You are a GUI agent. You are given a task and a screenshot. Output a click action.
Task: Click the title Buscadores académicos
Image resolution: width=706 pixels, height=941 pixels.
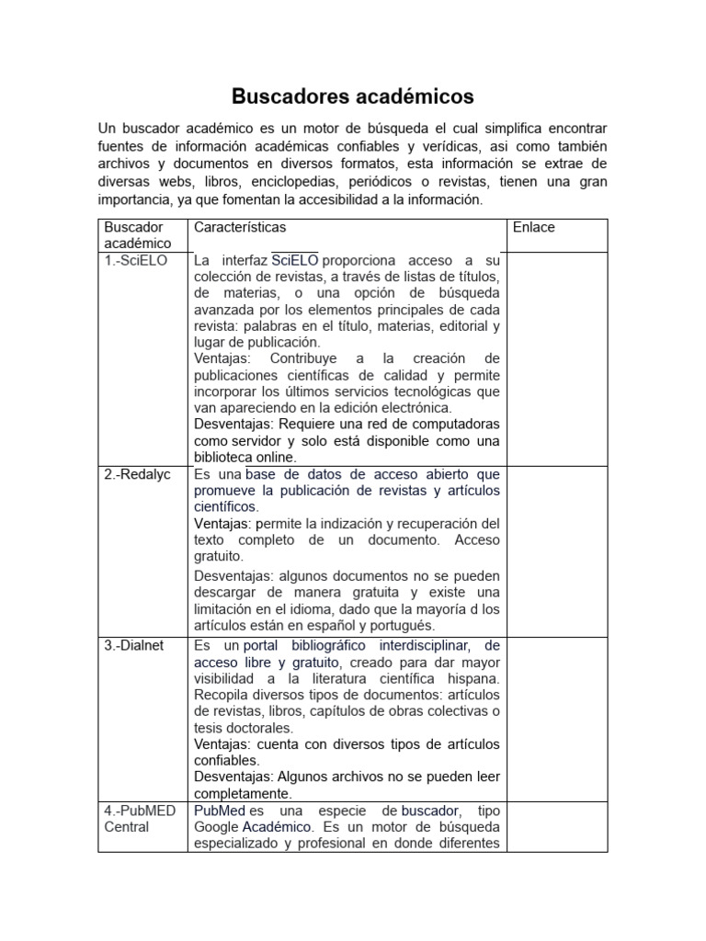click(x=352, y=96)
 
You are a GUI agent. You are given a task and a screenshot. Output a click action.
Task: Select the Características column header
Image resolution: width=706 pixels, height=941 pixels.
click(x=240, y=227)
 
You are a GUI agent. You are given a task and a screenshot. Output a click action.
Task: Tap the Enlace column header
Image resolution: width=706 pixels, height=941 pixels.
click(x=534, y=227)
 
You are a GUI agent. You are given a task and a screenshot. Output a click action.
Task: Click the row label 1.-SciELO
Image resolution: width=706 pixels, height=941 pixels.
click(x=137, y=260)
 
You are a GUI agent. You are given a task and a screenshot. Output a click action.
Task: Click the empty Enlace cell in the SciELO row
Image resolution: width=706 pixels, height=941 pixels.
click(x=557, y=358)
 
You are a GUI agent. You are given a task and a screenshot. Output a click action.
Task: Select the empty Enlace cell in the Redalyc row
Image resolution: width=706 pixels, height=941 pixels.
click(x=557, y=550)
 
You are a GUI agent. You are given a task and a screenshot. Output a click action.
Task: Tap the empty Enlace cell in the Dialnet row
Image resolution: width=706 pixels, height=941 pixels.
click(x=557, y=719)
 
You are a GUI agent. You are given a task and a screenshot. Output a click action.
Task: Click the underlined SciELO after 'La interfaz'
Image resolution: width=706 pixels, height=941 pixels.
click(x=295, y=261)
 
